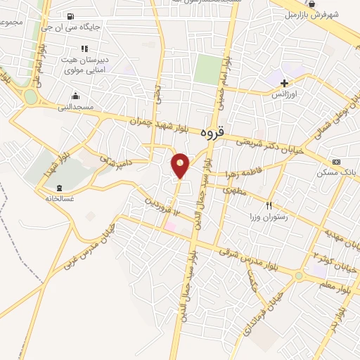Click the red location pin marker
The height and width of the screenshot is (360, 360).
click(181, 165)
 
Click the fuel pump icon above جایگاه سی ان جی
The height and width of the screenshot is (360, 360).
click(70, 16)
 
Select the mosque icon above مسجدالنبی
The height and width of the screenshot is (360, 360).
click(75, 96)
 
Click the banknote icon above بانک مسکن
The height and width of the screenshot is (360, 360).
click(336, 162)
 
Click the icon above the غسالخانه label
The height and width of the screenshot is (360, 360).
click(59, 188)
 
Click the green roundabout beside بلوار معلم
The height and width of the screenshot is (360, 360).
click(299, 276)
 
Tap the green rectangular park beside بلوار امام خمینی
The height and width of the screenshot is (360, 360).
click(207, 70)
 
